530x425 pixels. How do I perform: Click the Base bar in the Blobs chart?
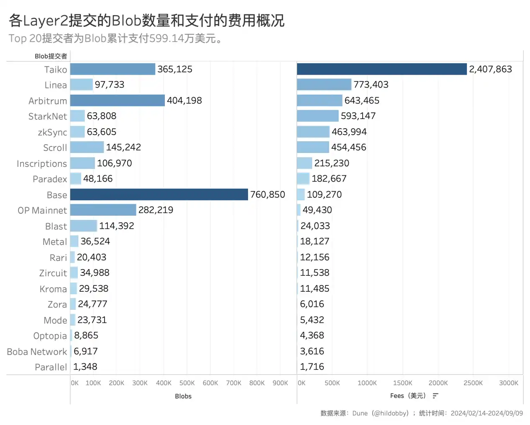[x=159, y=194]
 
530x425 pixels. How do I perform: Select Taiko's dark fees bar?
[x=381, y=69]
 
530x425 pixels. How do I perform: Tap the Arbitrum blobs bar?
[x=118, y=101]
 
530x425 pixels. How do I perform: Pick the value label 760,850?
[x=267, y=194]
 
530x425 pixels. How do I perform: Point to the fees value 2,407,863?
[x=490, y=69]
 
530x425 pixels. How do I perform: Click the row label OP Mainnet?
[x=42, y=210]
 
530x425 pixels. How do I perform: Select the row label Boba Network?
[x=37, y=352]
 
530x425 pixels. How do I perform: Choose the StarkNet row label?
[x=48, y=117]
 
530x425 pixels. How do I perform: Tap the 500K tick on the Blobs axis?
[x=187, y=383]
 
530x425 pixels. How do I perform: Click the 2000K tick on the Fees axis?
[x=438, y=383]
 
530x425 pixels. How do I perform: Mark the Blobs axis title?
[x=183, y=396]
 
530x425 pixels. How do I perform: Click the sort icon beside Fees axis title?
[x=435, y=396]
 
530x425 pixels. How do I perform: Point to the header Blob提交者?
[x=51, y=56]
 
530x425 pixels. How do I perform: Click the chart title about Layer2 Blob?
[x=146, y=20]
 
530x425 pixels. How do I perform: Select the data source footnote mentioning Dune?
[x=422, y=413]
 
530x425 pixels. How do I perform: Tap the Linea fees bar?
[x=324, y=85]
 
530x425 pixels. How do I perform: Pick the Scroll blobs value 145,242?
[x=123, y=148]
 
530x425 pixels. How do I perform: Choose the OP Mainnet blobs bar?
[x=103, y=210]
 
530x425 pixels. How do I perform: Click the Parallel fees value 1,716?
[x=312, y=367]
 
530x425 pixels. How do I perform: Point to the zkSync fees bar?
[x=313, y=132]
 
